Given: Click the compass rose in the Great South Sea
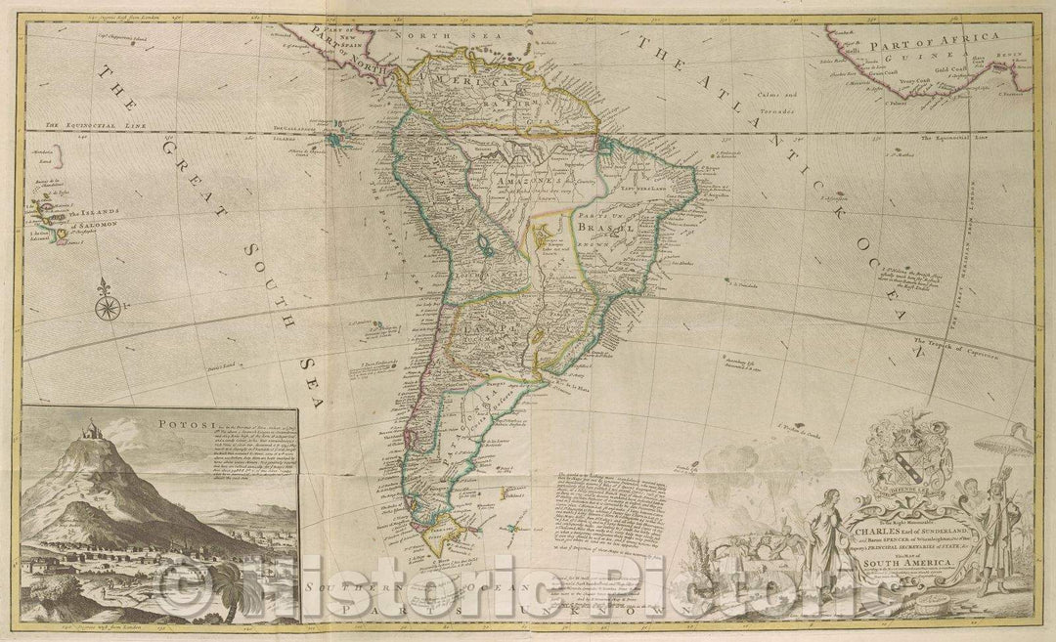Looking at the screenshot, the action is tap(108, 308).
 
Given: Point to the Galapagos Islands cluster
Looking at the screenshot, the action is tap(342, 142).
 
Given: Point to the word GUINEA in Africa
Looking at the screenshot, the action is tap(900, 59).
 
